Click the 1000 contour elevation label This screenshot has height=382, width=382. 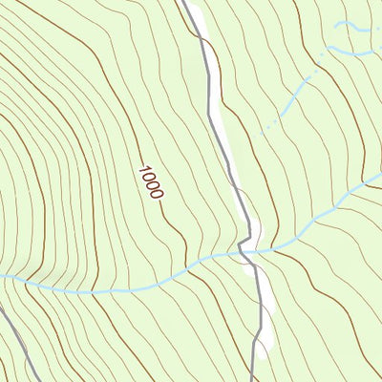point(150,181)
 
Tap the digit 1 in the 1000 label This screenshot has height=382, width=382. point(142,170)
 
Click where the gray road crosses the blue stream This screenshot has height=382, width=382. point(245,253)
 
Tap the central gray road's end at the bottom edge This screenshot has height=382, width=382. point(253,379)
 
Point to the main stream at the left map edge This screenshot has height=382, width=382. point(3,276)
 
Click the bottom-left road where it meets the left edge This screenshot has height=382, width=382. point(2,308)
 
